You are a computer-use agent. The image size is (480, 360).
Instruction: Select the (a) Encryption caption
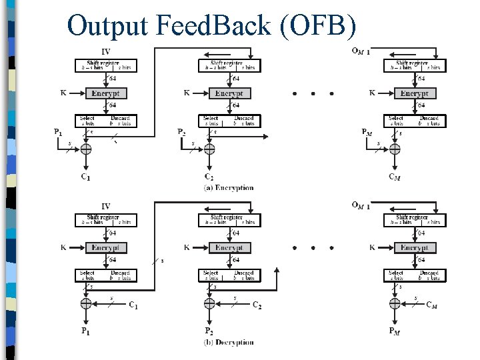[x=229, y=188]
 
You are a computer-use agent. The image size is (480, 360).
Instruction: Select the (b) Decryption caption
[x=229, y=343]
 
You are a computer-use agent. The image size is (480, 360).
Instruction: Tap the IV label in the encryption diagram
[x=106, y=52]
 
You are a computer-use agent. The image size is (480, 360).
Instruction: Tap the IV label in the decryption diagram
[x=106, y=207]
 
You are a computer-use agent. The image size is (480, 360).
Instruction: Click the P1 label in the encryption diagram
[x=59, y=132]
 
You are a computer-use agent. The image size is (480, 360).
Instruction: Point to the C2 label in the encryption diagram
[x=209, y=177]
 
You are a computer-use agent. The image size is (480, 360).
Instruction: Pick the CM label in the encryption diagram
[x=395, y=177]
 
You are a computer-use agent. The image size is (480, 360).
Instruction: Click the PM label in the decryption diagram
[x=395, y=331]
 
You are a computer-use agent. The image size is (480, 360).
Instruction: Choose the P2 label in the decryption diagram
[x=209, y=331]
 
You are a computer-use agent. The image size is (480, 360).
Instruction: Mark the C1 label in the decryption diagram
[x=133, y=305]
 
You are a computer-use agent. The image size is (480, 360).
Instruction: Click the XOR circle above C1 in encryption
[x=85, y=149]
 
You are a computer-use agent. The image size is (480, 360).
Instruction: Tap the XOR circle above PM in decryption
[x=395, y=303]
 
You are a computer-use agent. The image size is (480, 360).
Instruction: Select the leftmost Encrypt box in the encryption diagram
[x=106, y=93]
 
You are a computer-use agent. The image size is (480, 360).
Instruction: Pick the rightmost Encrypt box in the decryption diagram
[x=414, y=248]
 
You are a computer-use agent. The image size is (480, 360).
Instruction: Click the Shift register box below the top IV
[x=106, y=65]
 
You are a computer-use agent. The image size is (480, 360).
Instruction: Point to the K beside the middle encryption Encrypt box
[x=187, y=93]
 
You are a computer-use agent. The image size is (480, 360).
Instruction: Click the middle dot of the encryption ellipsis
[x=313, y=94]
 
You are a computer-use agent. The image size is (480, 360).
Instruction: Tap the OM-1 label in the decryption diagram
[x=361, y=205]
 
